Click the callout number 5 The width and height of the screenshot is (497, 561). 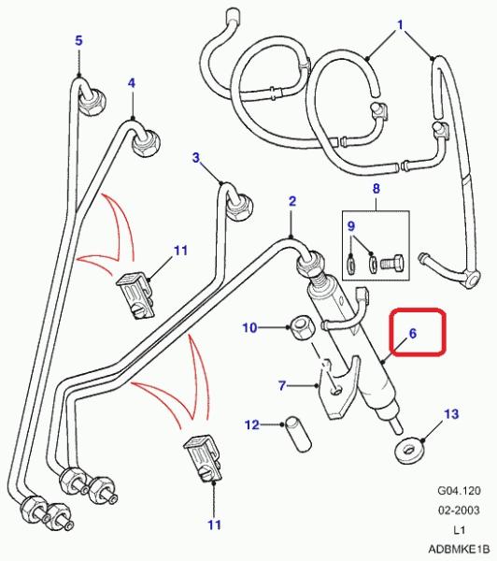click(78, 40)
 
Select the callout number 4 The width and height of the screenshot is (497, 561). click(132, 83)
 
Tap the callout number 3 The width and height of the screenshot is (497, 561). click(196, 157)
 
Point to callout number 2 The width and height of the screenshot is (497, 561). click(292, 201)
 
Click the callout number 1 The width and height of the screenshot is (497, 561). click(401, 24)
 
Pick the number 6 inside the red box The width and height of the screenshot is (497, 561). click(413, 334)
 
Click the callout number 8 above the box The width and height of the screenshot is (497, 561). click(376, 189)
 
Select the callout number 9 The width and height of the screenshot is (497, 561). click(351, 226)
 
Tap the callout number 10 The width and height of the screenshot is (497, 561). click(250, 327)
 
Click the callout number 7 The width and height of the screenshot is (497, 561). click(282, 385)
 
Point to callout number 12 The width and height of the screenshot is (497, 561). click(251, 424)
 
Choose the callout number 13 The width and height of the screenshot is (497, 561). click(451, 414)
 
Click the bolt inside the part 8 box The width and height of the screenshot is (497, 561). click(392, 262)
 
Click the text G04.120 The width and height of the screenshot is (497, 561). click(459, 490)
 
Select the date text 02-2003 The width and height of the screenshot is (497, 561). click(459, 510)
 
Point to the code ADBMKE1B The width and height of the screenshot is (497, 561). click(459, 549)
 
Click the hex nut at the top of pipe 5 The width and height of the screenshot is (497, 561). click(93, 102)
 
